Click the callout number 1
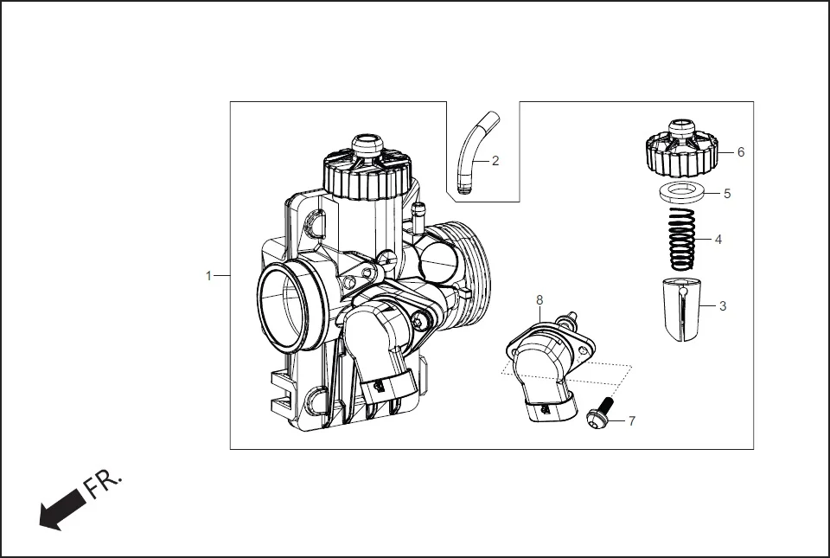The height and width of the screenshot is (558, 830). pos(208,276)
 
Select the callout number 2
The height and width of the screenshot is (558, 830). pos(495,161)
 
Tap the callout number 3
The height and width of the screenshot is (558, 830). pos(723,305)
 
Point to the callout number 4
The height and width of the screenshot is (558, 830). pos(718,240)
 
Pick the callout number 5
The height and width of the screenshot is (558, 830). pos(727,194)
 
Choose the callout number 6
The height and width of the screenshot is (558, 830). pos(740,151)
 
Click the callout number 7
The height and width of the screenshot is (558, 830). pos(632,421)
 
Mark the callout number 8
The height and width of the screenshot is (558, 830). pos(539,299)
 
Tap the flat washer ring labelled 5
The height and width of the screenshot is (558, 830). pos(683,193)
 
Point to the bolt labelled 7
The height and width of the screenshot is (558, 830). pos(601,414)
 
